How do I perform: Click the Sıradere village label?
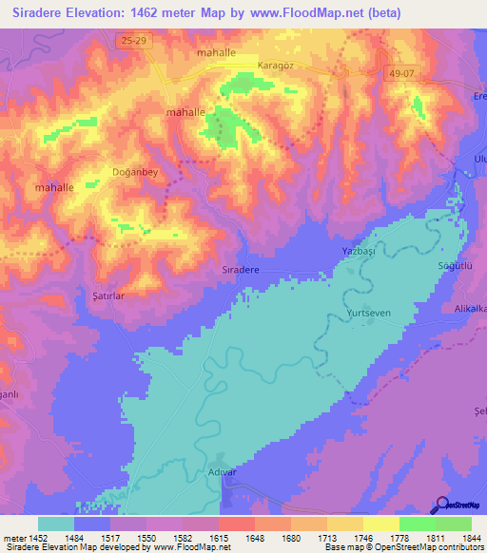coord(241,270)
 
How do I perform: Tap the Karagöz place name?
coord(277,66)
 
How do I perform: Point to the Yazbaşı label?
coord(360,250)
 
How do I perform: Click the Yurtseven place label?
coord(371,313)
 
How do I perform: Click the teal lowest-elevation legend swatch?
coord(56,524)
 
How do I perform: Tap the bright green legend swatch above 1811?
coord(417,524)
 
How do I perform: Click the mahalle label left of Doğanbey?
coord(54,188)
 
